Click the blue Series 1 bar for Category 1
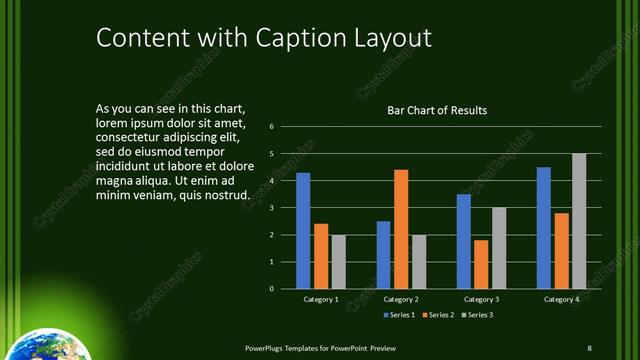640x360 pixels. point(303,231)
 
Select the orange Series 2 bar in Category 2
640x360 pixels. point(401,229)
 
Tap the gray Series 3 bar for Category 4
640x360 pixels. point(579,221)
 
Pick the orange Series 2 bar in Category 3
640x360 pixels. point(481,264)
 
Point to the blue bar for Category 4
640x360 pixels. point(543,228)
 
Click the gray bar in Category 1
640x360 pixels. point(338,262)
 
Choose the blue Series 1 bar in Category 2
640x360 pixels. point(383,255)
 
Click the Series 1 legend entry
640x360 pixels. point(400,315)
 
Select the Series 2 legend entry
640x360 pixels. point(439,315)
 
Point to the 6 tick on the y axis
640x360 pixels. point(271,127)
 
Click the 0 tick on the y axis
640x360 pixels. point(271,289)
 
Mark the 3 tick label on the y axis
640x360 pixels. point(271,208)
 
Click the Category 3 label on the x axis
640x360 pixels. point(481,300)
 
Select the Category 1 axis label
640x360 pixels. point(321,300)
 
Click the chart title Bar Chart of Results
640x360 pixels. point(437,110)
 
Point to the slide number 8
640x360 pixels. point(589,347)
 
